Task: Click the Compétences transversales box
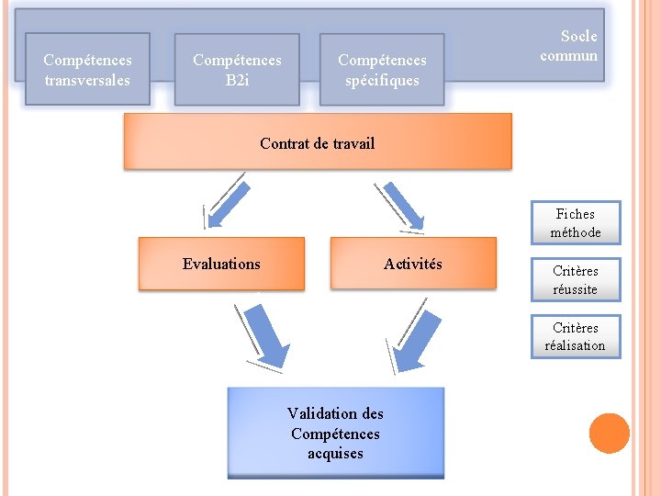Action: click(x=87, y=70)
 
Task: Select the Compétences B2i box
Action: click(x=237, y=70)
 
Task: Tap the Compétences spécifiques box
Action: click(x=382, y=70)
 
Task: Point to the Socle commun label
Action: click(x=569, y=46)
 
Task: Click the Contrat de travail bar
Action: click(x=318, y=142)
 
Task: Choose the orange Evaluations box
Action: click(x=221, y=265)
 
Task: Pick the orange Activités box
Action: click(x=413, y=265)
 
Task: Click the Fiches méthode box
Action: click(x=576, y=223)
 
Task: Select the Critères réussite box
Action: click(x=576, y=280)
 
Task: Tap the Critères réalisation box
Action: click(x=576, y=337)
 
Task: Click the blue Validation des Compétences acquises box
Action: click(x=335, y=434)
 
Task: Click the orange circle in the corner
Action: click(x=610, y=434)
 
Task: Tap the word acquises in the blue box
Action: click(x=335, y=454)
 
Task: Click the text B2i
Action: click(x=237, y=80)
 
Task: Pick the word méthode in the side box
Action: click(x=576, y=232)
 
